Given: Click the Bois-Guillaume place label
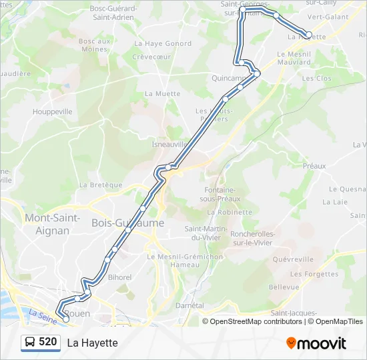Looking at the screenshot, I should pos(127,223).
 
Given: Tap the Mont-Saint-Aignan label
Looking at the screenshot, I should pos(52,224).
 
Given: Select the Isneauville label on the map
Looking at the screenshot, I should pos(169,143).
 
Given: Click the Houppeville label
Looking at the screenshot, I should pos(52,112).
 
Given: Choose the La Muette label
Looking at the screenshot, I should pos(162,94).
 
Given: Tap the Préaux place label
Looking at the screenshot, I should pos(314,166).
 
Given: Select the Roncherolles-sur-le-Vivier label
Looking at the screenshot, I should pos(251,238).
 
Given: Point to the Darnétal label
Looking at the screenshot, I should pos(189,305).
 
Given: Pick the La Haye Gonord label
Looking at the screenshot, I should pos(153,43).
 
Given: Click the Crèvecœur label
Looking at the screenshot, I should pos(151,57).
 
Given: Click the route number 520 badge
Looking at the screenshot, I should pos(47,342).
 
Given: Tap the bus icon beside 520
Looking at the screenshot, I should pos(31,343).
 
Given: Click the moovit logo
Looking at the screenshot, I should pos(316,343).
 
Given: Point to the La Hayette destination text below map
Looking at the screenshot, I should pos(92,343).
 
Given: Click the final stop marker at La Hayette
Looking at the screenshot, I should pos(308,35).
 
